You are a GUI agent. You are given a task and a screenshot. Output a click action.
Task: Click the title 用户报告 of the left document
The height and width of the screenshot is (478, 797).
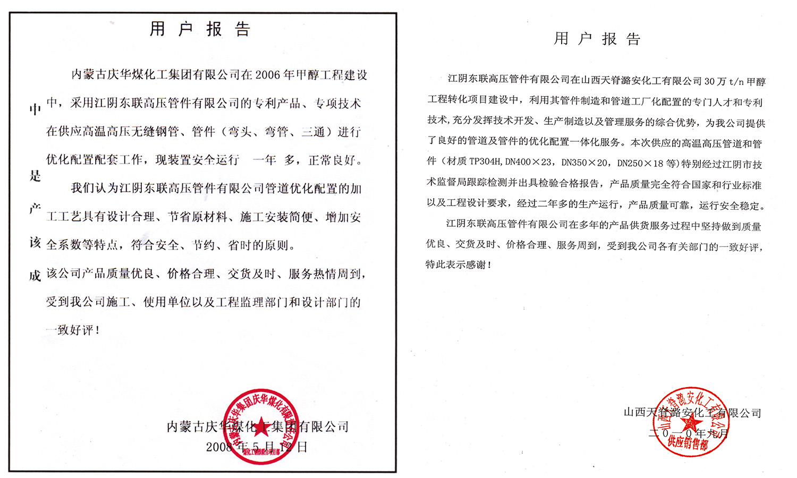pyautogui.click(x=200, y=29)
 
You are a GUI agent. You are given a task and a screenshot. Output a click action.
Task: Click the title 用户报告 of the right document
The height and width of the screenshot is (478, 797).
pyautogui.click(x=597, y=39)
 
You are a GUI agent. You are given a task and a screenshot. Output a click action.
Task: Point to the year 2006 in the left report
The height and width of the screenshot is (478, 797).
pyautogui.click(x=268, y=75)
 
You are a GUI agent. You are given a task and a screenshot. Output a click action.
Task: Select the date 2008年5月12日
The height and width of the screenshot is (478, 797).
pyautogui.click(x=257, y=447)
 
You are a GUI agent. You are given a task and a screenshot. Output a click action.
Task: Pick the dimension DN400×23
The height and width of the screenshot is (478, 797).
pyautogui.click(x=529, y=162)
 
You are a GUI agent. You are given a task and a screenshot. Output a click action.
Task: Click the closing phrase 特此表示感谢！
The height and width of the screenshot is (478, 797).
pyautogui.click(x=459, y=264)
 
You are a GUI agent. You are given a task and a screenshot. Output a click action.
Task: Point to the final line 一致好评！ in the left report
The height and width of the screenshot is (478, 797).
pyautogui.click(x=73, y=330)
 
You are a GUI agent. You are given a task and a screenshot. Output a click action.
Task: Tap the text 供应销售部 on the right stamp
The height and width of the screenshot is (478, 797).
pyautogui.click(x=688, y=442)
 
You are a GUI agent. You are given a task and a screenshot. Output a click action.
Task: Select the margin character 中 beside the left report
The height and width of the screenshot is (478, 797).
pyautogui.click(x=35, y=110)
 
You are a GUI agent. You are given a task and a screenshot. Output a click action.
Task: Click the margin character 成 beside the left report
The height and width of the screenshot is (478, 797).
pyautogui.click(x=35, y=276)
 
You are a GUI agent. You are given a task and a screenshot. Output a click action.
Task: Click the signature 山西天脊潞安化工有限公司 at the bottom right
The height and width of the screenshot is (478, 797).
pyautogui.click(x=692, y=413)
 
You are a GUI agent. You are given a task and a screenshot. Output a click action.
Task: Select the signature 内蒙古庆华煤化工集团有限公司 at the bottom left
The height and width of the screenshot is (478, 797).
pyautogui.click(x=258, y=426)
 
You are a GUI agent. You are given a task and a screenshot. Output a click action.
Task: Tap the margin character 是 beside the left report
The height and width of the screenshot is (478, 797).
pyautogui.click(x=35, y=176)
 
